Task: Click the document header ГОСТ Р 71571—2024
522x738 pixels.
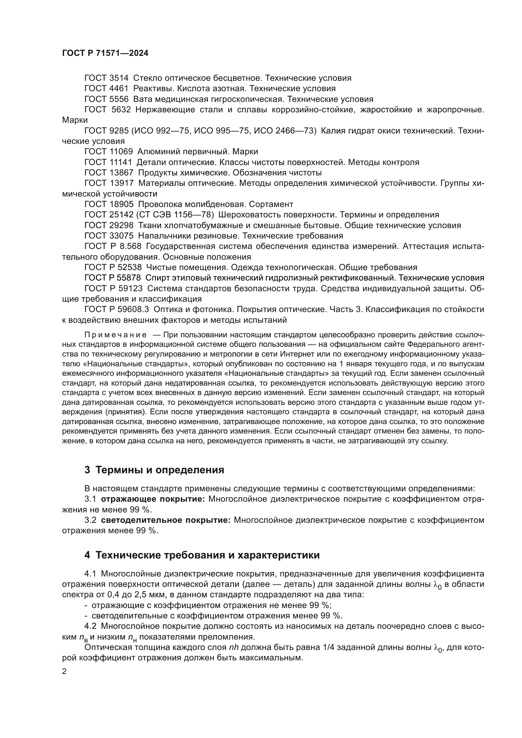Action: point(105,53)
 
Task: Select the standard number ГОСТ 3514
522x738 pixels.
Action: point(106,78)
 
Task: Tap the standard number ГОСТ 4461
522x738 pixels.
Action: point(106,88)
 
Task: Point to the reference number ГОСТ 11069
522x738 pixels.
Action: point(108,151)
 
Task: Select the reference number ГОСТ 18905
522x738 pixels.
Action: point(108,204)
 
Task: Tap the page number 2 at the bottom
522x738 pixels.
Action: point(64,671)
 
